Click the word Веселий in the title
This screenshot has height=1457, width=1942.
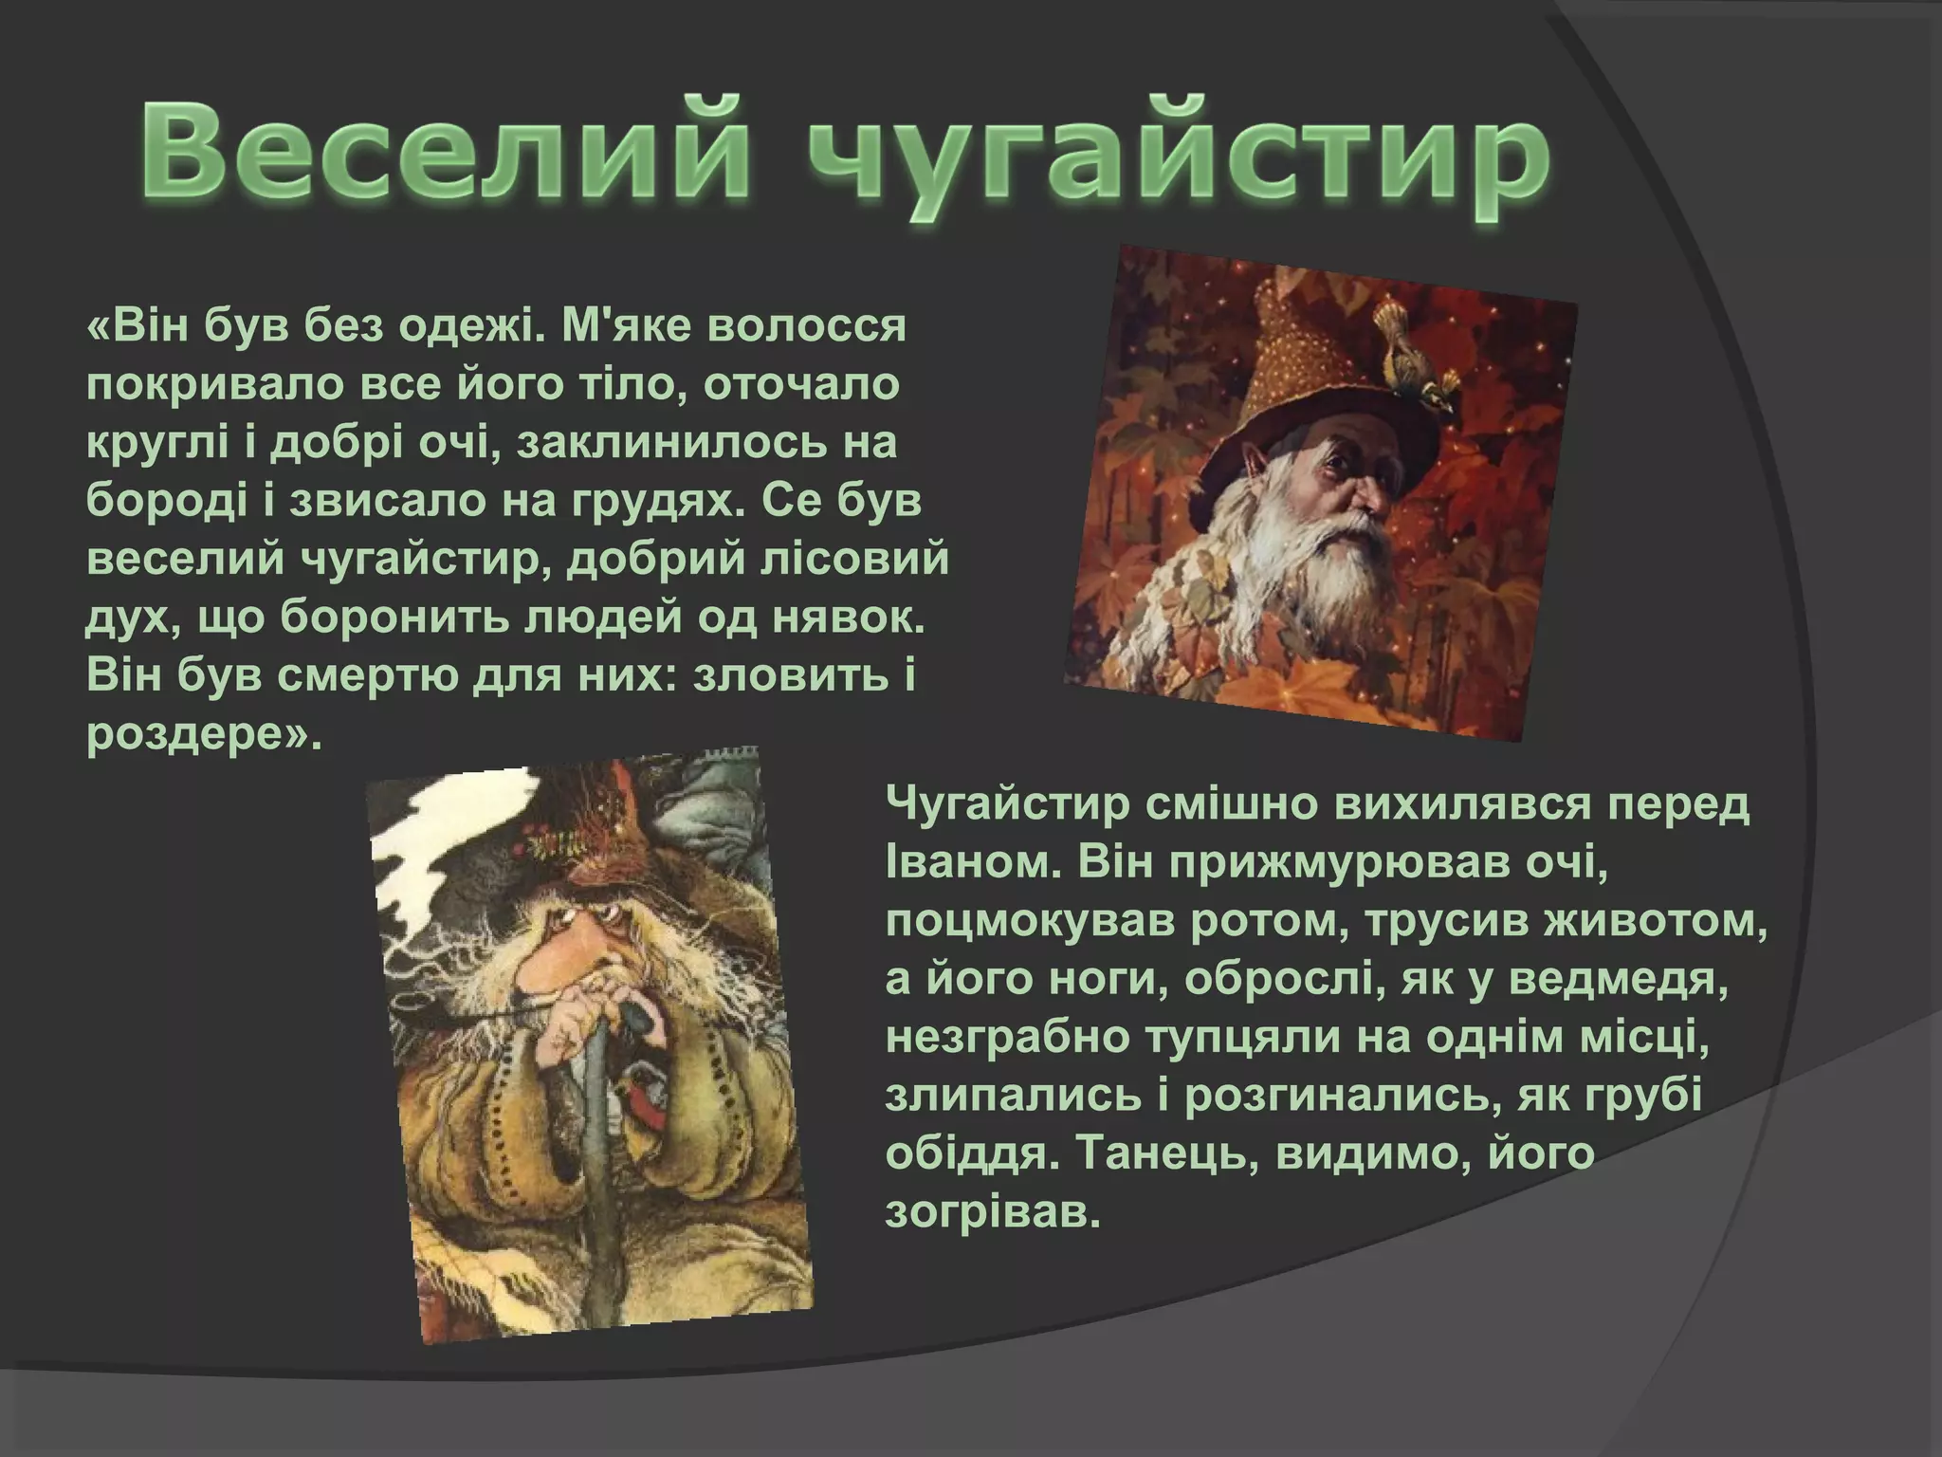(x=446, y=152)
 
